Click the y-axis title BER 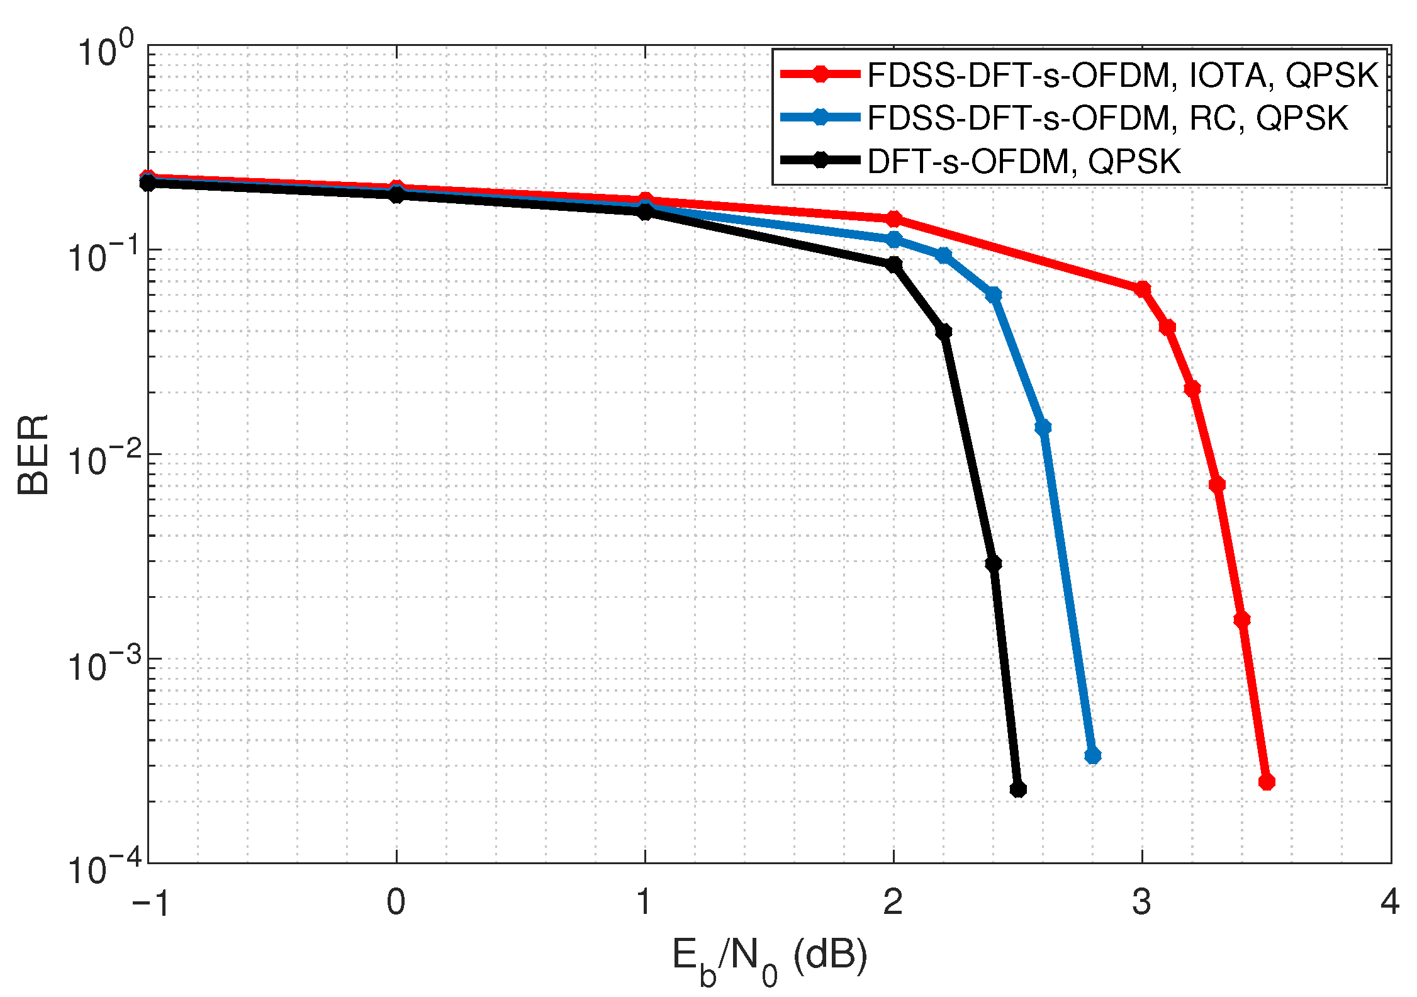[33, 454]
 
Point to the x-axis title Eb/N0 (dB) [769, 958]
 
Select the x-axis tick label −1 [150, 903]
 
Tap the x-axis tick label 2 [893, 901]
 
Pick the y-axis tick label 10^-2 [106, 459]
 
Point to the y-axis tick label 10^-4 [106, 869]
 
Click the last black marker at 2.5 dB [1017, 789]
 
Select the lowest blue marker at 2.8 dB [1093, 755]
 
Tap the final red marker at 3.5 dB [1267, 782]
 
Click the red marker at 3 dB [1142, 289]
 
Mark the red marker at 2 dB [893, 218]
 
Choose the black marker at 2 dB [893, 264]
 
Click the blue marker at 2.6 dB [1043, 427]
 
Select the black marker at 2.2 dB [943, 332]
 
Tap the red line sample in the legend [820, 74]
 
